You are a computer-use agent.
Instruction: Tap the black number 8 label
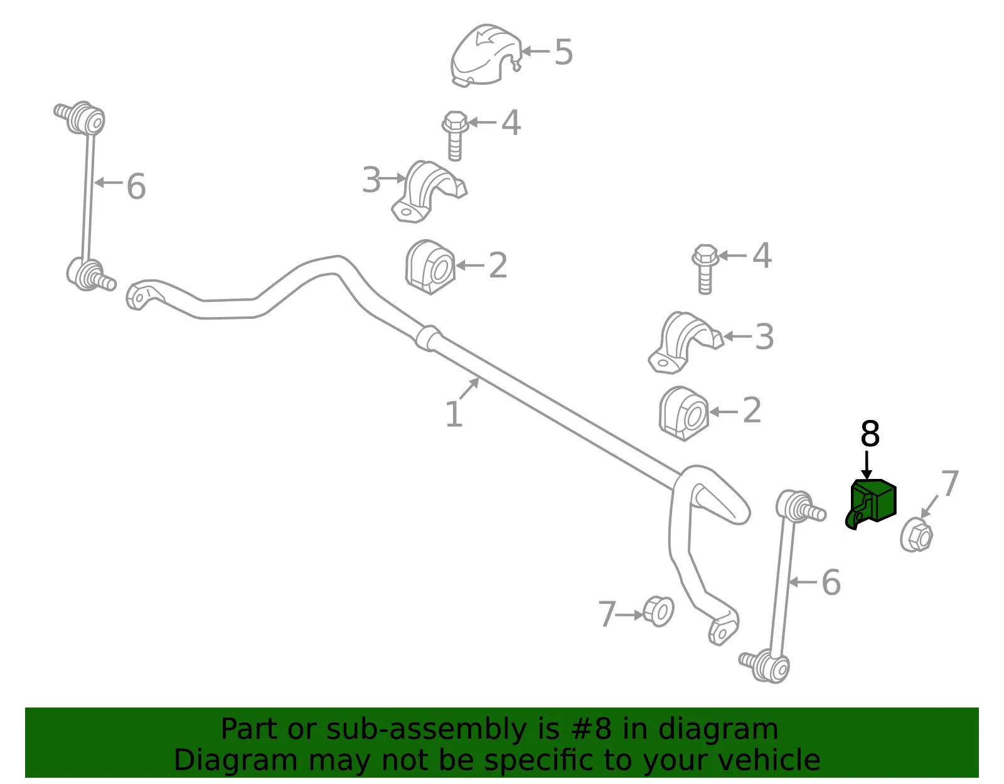tap(870, 434)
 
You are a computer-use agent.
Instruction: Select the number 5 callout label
tap(563, 51)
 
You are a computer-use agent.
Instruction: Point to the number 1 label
tap(454, 414)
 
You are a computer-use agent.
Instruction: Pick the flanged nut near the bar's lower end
tap(658, 611)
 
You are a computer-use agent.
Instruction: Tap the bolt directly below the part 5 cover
tap(455, 136)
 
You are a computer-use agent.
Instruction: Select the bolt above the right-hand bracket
tap(705, 269)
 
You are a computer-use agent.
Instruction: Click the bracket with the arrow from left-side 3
tap(427, 191)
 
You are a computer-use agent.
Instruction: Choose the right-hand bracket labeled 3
tap(685, 342)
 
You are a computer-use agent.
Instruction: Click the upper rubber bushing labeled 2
tap(430, 267)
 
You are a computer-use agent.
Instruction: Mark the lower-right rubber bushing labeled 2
tap(683, 414)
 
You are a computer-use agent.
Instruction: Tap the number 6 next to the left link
tap(136, 186)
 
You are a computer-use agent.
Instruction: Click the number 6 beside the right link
tap(831, 583)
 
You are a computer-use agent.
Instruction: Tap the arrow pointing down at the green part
tap(867, 465)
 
